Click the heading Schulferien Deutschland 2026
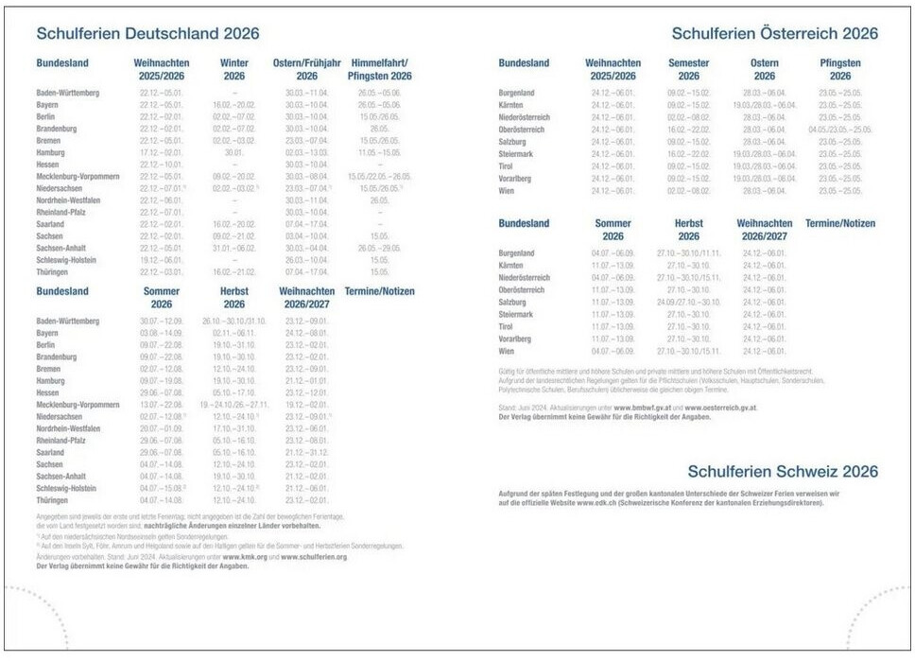(147, 34)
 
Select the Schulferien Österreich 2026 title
(774, 34)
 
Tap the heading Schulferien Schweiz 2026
(783, 471)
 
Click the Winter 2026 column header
(234, 69)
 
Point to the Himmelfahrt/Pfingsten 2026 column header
(381, 69)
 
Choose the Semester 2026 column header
(688, 69)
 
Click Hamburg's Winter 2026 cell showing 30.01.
(234, 152)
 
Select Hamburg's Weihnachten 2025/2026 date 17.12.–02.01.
(161, 152)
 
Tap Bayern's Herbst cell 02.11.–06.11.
(234, 334)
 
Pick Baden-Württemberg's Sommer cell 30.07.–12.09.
(161, 322)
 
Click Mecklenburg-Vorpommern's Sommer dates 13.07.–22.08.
(161, 405)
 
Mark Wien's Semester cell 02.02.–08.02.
(688, 190)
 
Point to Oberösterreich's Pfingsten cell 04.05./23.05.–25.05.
(840, 130)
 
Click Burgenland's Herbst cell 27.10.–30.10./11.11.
(688, 253)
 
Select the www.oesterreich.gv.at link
(719, 407)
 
